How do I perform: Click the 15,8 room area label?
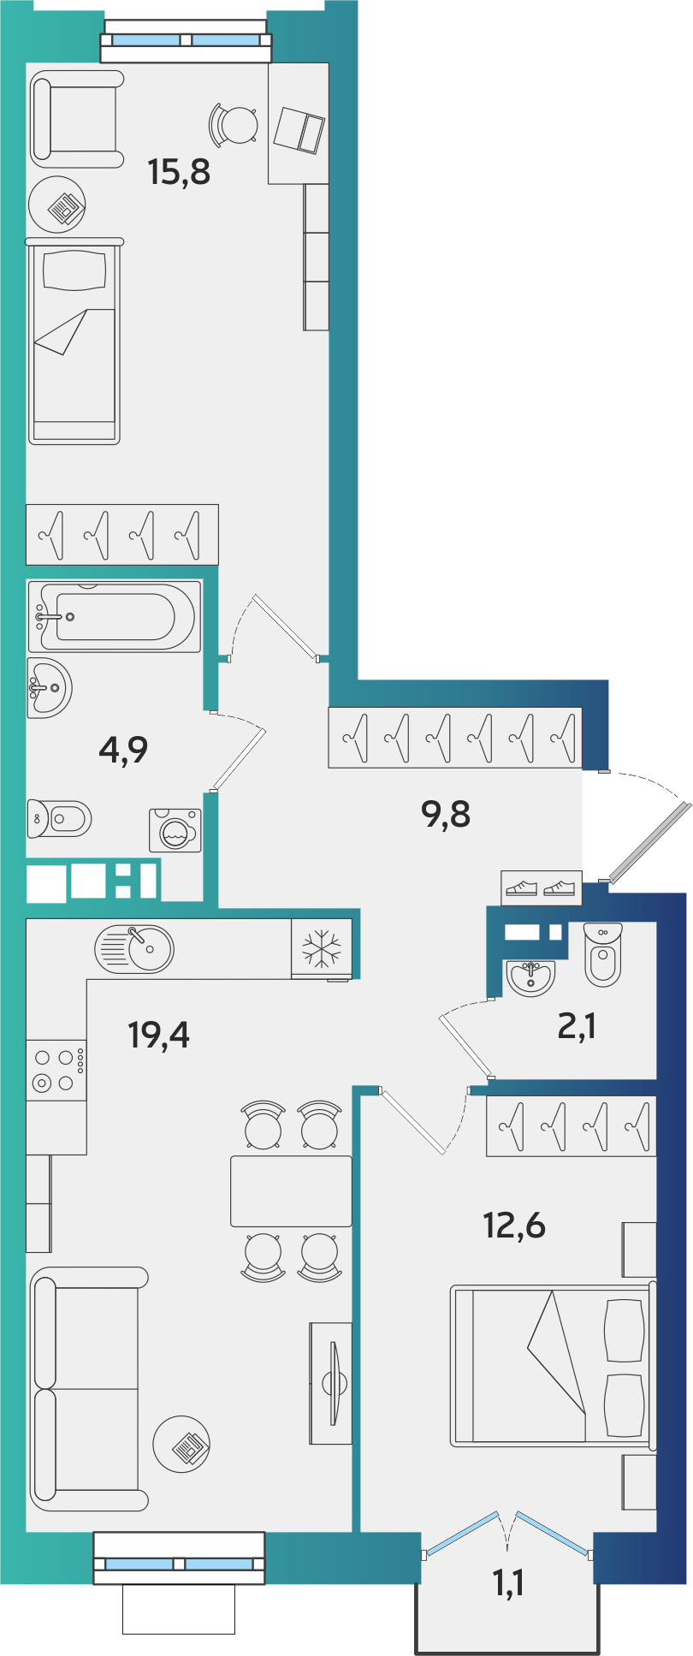pyautogui.click(x=179, y=172)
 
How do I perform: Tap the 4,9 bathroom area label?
pyautogui.click(x=123, y=750)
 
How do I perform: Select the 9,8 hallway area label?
pyautogui.click(x=446, y=815)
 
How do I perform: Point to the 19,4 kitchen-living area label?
pyautogui.click(x=158, y=1035)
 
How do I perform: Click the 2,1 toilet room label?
pyautogui.click(x=577, y=1025)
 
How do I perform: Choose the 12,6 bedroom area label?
pyautogui.click(x=514, y=1226)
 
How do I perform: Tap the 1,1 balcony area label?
pyautogui.click(x=508, y=1584)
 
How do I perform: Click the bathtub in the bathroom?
pyautogui.click(x=115, y=616)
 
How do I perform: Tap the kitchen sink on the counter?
pyautogui.click(x=134, y=948)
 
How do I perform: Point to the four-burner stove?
pyautogui.click(x=56, y=1070)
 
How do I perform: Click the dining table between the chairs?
pyautogui.click(x=291, y=1190)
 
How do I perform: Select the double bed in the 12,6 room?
pyautogui.click(x=553, y=1365)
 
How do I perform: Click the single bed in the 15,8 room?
pyautogui.click(x=74, y=341)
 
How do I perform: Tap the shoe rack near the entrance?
pyautogui.click(x=542, y=888)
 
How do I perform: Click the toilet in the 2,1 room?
pyautogui.click(x=603, y=954)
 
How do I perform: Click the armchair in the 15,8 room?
pyautogui.click(x=77, y=119)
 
